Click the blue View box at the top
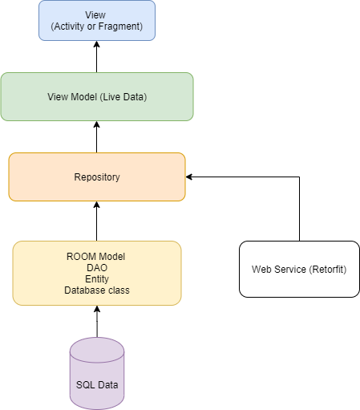(x=96, y=20)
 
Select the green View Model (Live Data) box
(x=96, y=96)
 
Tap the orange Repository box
(x=96, y=177)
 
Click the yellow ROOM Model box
(x=97, y=273)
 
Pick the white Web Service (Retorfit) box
(x=299, y=269)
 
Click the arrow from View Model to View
(x=96, y=56)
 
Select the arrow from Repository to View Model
(x=96, y=136)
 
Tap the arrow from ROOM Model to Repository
(x=96, y=221)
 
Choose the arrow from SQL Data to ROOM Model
(x=97, y=321)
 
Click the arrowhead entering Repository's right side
(x=189, y=177)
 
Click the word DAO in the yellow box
(x=97, y=267)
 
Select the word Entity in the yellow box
(x=97, y=278)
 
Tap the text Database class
(x=97, y=290)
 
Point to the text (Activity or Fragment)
(x=96, y=26)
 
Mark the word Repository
(x=96, y=177)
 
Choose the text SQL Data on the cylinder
(x=97, y=385)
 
